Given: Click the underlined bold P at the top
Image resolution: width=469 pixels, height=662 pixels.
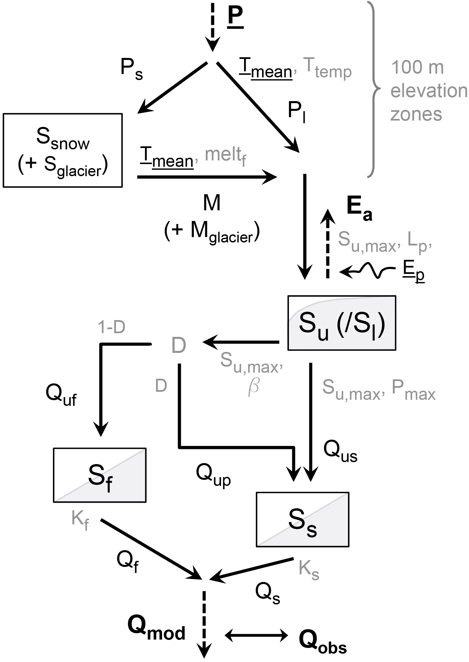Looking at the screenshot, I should coord(236,18).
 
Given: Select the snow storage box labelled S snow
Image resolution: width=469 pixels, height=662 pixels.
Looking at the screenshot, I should coord(63,150).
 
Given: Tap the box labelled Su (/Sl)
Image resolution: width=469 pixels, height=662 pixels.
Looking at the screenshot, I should coord(342,323).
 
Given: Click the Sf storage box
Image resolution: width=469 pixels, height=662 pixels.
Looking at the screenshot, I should coord(99,475).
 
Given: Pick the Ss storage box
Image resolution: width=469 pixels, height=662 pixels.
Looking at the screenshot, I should coord(302,519).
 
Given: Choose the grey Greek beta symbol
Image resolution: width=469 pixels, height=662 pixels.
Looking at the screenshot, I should coord(253,388).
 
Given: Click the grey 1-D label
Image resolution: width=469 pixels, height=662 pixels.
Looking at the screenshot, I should coord(112,328).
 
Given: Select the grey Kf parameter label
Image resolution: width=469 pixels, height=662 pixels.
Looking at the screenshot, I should coord(80,520).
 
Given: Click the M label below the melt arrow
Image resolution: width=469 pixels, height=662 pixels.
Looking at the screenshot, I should coord(212,203).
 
